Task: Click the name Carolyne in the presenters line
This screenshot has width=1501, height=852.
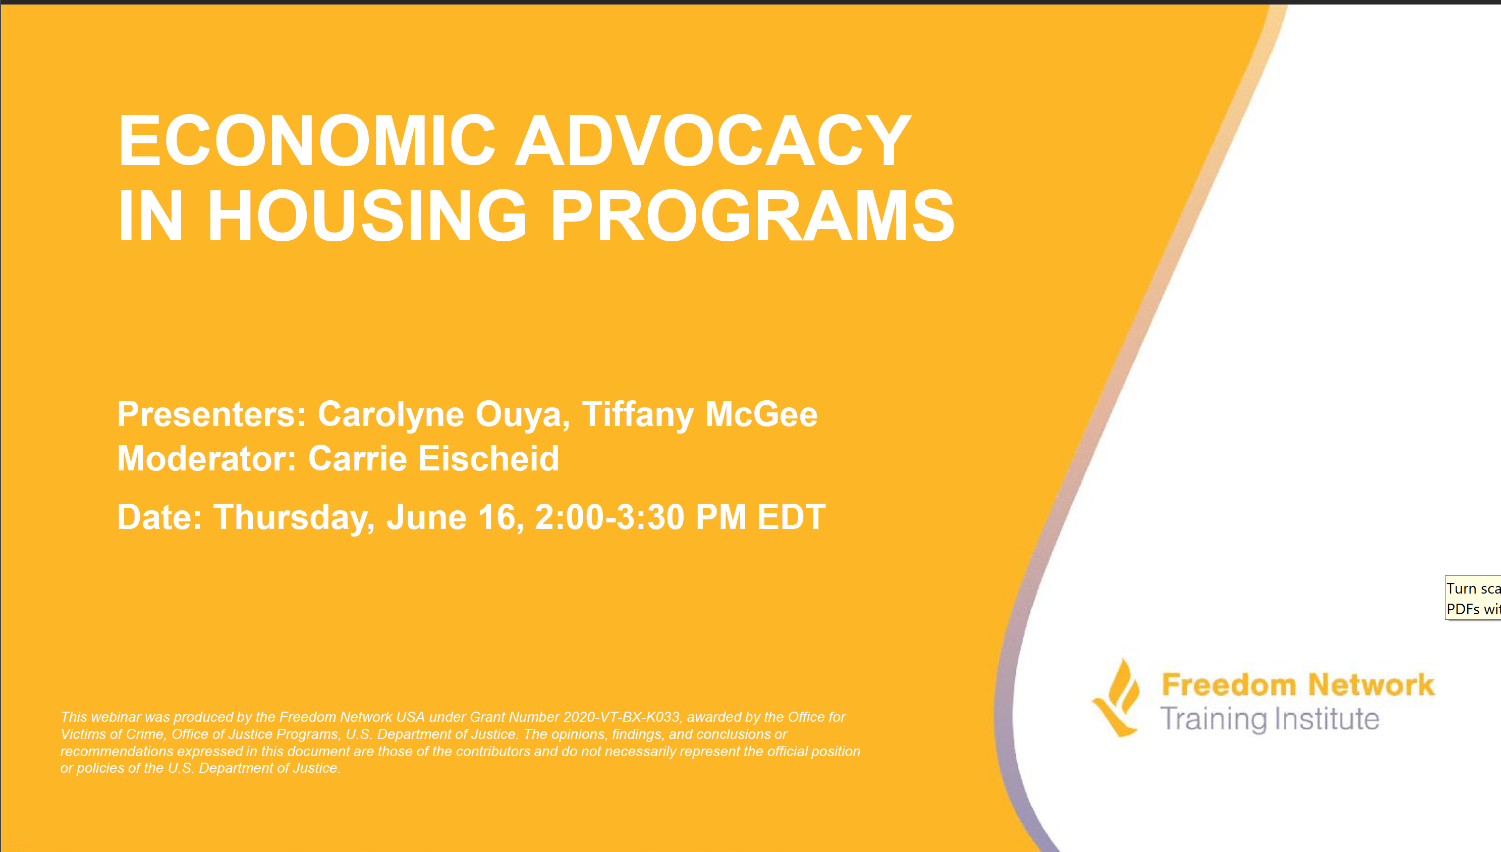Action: click(x=391, y=415)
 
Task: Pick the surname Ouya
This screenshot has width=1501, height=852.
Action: click(x=522, y=415)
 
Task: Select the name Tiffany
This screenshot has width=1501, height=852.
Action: click(x=637, y=415)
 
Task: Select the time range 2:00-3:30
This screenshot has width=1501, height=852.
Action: click(x=609, y=518)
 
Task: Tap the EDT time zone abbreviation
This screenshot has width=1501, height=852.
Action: click(x=791, y=518)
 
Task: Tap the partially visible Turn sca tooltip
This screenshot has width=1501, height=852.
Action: click(x=1473, y=598)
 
